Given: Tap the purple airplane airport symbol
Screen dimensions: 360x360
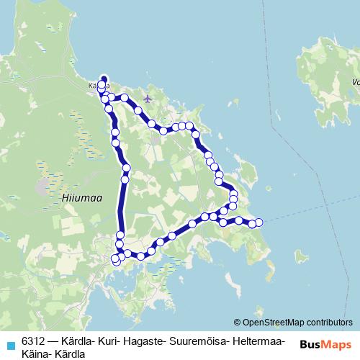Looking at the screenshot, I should (148, 97).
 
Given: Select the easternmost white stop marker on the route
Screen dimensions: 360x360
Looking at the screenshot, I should (259, 222).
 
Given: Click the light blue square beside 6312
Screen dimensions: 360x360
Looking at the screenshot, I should (9, 343).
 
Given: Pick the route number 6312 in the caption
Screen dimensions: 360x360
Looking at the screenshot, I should (32, 341).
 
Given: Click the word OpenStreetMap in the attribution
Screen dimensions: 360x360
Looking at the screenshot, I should (271, 323).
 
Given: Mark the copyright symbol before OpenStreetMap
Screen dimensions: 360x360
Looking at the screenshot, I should (238, 323).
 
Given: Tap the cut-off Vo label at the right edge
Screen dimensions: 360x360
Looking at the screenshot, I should (355, 81).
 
